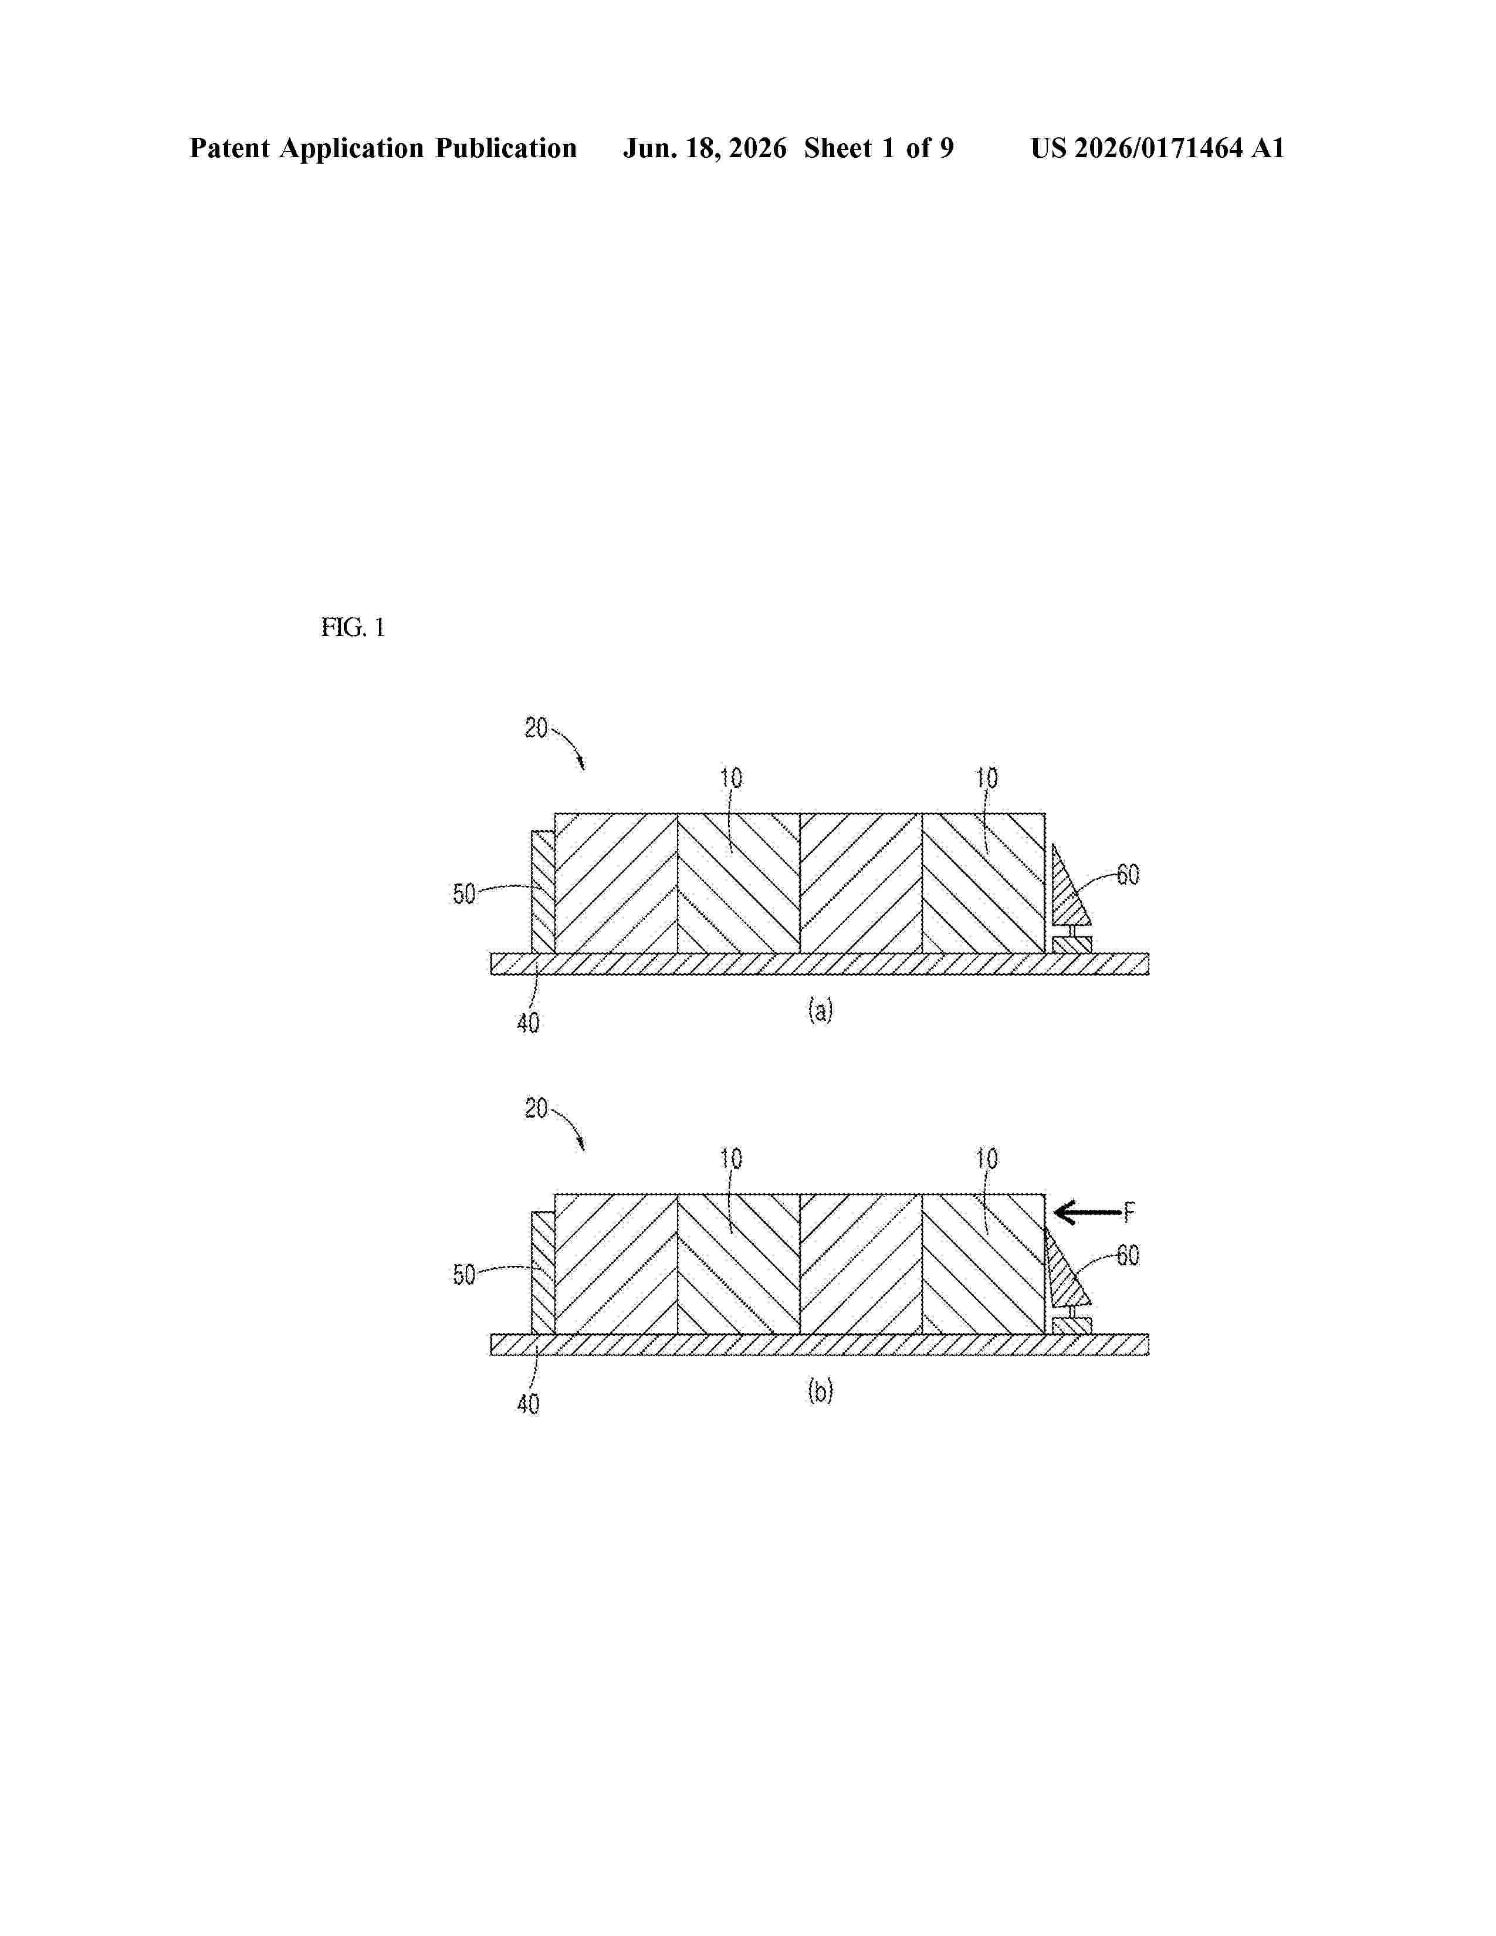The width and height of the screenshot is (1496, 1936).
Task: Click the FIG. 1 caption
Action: tap(353, 628)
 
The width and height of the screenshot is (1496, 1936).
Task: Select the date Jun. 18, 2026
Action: tap(705, 148)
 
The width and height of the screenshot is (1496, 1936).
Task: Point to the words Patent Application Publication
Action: tap(383, 148)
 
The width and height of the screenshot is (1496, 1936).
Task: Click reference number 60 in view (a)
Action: tap(1128, 875)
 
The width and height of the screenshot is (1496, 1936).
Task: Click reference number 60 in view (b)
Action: tap(1128, 1255)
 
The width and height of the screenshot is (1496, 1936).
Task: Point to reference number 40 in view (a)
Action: tap(528, 1024)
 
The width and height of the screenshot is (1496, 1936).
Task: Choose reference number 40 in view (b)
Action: tap(528, 1404)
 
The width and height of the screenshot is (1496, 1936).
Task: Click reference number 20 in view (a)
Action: tap(536, 729)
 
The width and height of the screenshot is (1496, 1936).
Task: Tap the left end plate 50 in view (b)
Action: tap(543, 1272)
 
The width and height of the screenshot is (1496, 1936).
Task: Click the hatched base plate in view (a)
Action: tap(820, 963)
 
